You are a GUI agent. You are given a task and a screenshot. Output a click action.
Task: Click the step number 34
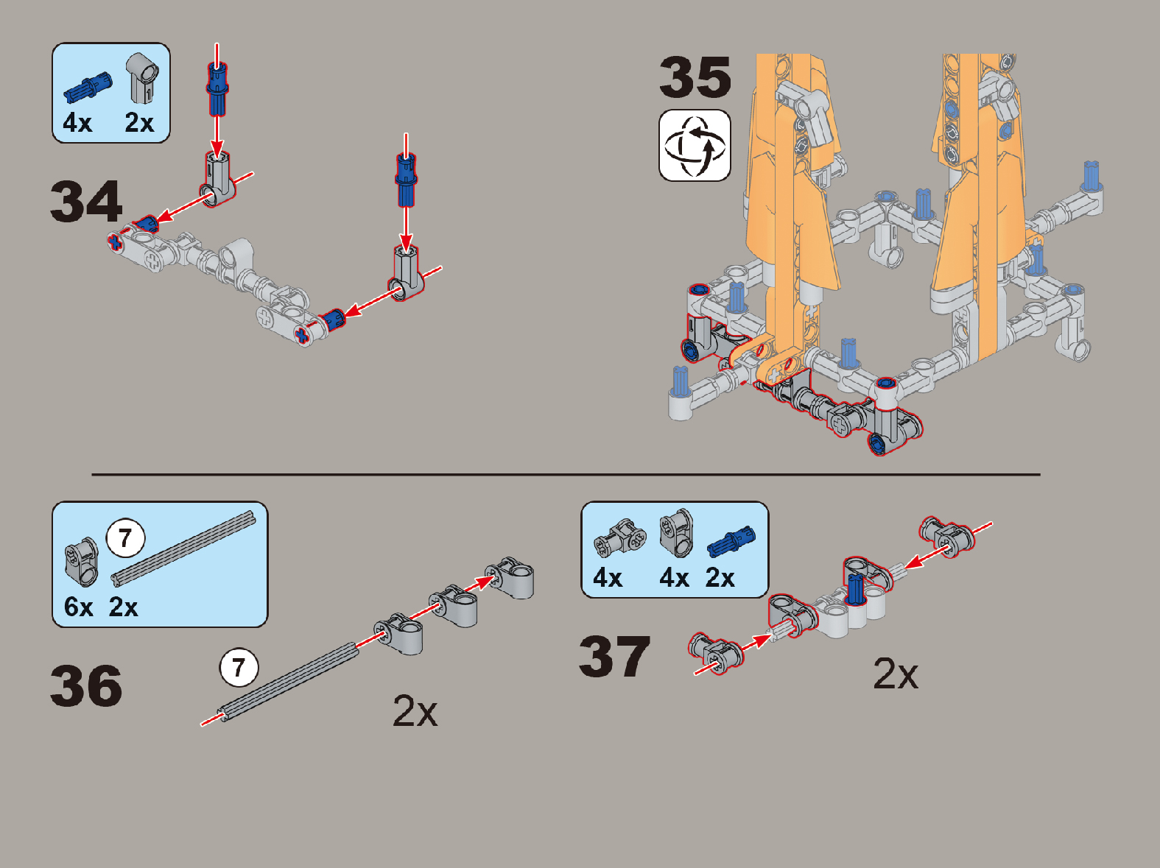coord(86,201)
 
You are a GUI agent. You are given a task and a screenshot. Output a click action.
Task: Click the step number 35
coord(695,77)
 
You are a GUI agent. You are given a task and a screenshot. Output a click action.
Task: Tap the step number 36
coord(86,685)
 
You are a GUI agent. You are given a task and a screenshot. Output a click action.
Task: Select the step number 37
coord(614,657)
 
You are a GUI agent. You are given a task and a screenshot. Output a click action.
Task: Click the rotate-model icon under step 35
coord(695,145)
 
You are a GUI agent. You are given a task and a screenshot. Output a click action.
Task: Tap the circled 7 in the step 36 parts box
coord(125,538)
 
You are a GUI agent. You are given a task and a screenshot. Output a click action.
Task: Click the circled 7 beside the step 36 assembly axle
coord(239,668)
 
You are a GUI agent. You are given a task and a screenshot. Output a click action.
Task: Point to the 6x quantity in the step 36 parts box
coord(78,607)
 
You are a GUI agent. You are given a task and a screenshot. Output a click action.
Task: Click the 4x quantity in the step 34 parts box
coord(77,122)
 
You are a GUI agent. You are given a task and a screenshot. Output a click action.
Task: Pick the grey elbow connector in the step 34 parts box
coord(142,77)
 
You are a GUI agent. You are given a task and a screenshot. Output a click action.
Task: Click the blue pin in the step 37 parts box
coord(731,542)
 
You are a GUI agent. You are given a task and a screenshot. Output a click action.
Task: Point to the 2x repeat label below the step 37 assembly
coord(896,674)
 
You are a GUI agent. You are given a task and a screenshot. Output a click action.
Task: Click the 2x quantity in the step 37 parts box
coord(720,577)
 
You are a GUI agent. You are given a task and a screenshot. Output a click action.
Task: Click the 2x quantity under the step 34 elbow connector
coord(139,122)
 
